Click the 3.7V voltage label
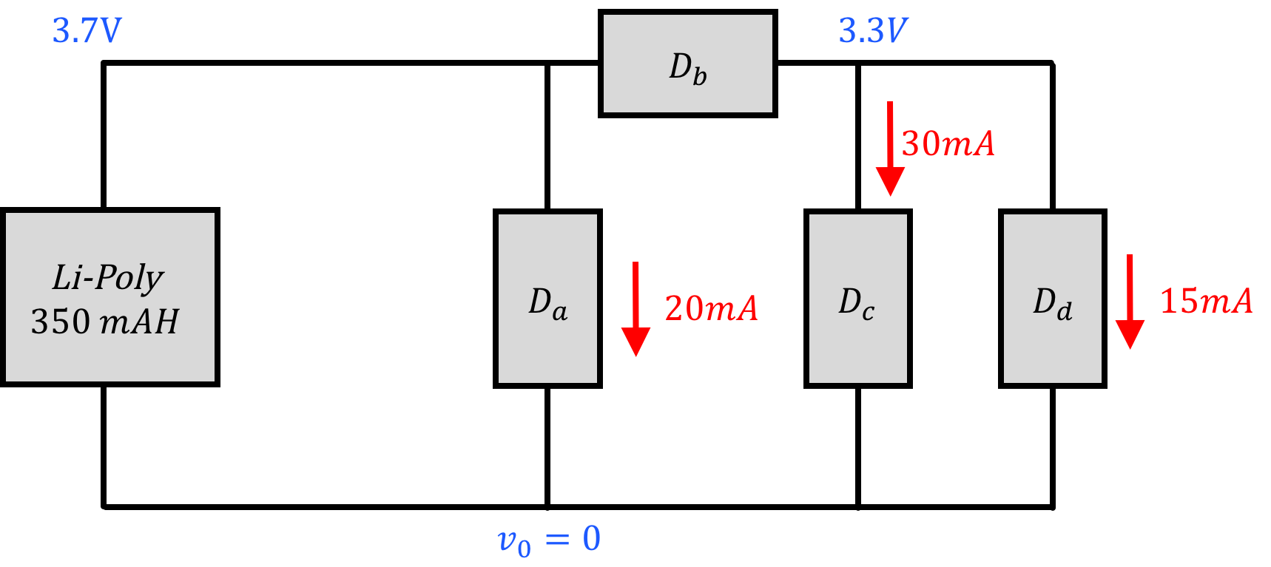point(87,31)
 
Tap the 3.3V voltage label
point(872,31)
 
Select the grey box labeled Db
point(687,64)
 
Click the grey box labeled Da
point(547,298)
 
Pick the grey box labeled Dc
point(857,298)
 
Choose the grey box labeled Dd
point(1052,298)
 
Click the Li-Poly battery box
point(110,297)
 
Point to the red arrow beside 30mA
point(890,148)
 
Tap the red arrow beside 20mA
point(635,308)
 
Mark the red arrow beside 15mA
point(1130,301)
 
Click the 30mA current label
point(948,143)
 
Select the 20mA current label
point(711,308)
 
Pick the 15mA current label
point(1206,301)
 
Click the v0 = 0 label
point(549,540)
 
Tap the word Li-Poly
point(108,277)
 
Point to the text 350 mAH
point(105,322)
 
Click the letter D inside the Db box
point(679,66)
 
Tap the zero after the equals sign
point(591,538)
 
